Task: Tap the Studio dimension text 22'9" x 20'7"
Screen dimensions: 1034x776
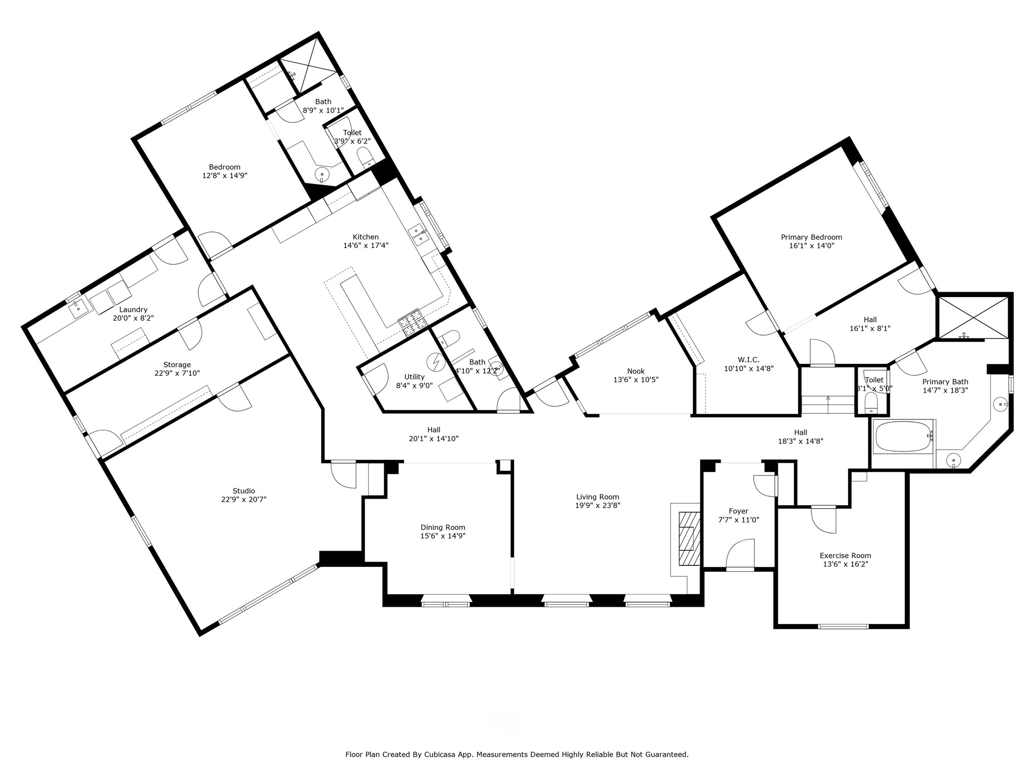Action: [244, 500]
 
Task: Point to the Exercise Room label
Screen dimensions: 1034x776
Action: [845, 556]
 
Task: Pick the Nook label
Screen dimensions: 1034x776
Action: [636, 371]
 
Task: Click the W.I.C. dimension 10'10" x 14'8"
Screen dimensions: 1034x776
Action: [749, 368]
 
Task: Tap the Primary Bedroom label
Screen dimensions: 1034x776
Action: [811, 237]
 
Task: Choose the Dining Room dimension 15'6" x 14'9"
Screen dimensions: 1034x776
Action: [443, 536]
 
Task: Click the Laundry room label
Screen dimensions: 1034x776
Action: [133, 310]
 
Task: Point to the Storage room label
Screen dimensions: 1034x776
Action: [177, 365]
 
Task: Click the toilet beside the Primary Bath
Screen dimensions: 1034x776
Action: [871, 403]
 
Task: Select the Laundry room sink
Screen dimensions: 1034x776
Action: [78, 308]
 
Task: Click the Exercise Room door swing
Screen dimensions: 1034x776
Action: [824, 519]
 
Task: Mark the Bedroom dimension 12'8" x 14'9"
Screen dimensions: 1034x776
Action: [225, 176]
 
